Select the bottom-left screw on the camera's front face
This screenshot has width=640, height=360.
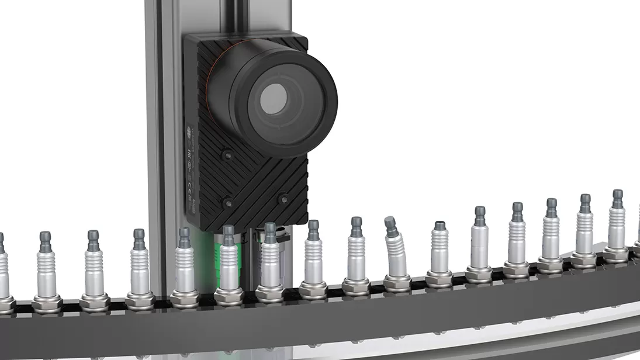(227, 203)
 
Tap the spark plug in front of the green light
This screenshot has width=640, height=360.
(228, 263)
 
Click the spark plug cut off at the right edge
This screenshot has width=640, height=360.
(637, 245)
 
